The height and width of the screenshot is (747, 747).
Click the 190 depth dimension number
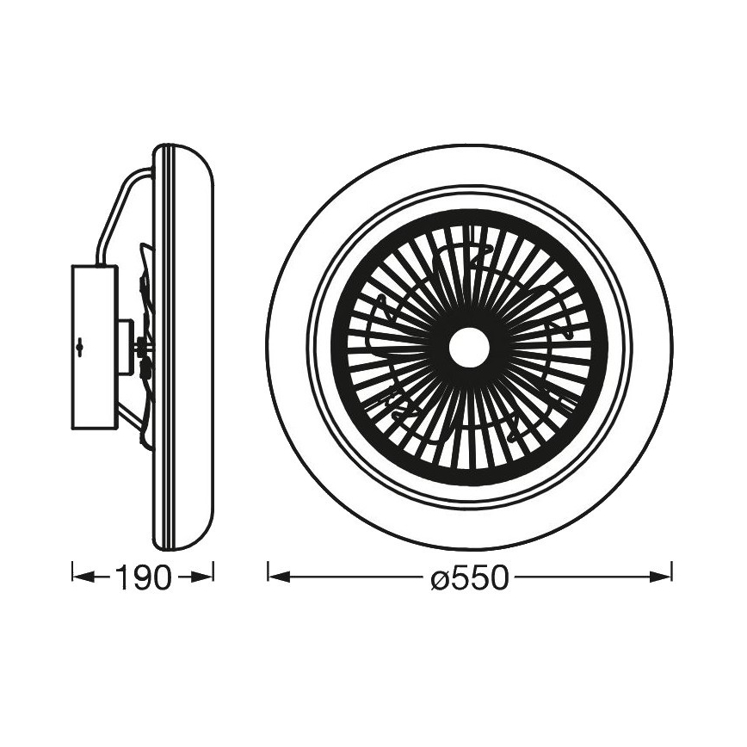point(143,577)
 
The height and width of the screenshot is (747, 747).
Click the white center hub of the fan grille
point(469,349)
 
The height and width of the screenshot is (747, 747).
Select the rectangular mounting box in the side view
point(92,348)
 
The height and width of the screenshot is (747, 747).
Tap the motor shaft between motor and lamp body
point(139,348)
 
